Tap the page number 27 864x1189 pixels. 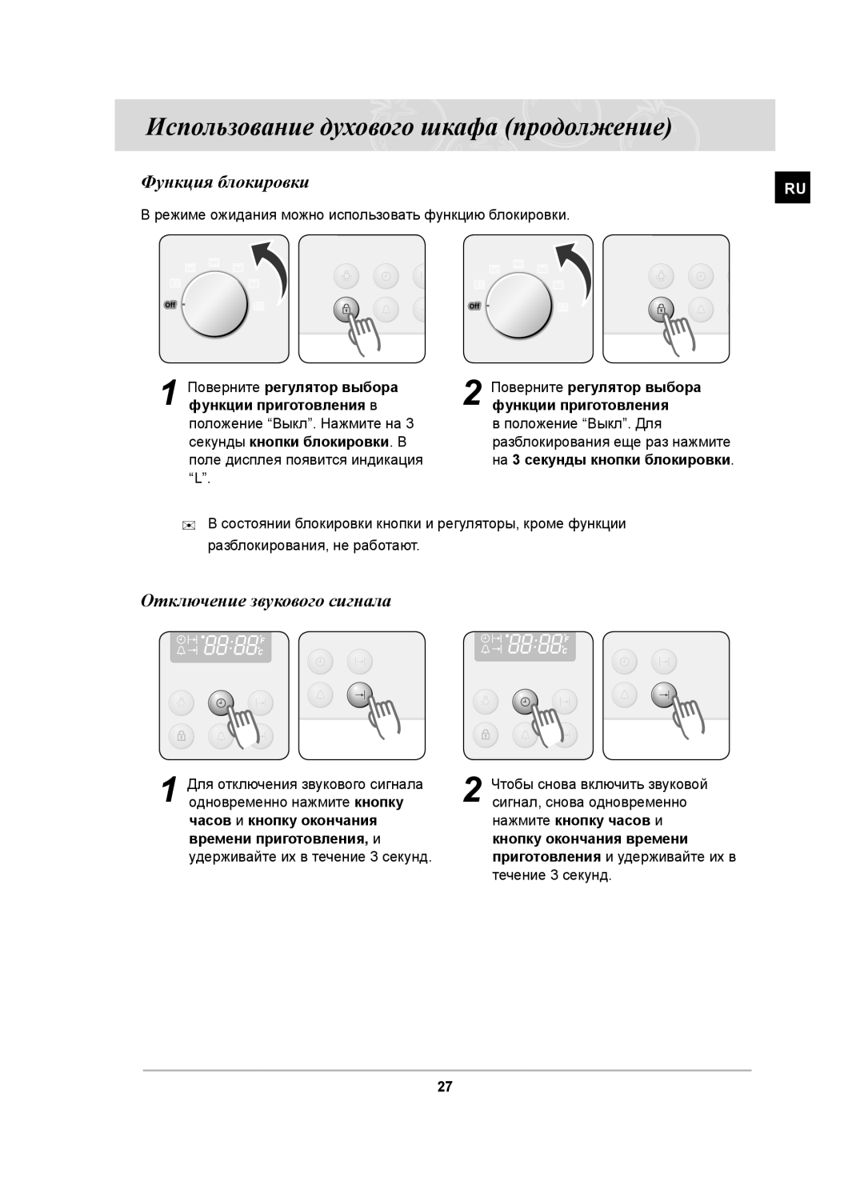[x=445, y=1087]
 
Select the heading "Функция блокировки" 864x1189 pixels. [x=225, y=182]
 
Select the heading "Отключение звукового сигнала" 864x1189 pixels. [x=266, y=601]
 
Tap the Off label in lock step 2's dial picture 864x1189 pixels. [x=474, y=306]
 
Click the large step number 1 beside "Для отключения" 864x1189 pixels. [x=168, y=791]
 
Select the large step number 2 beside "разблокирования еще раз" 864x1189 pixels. [x=473, y=394]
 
